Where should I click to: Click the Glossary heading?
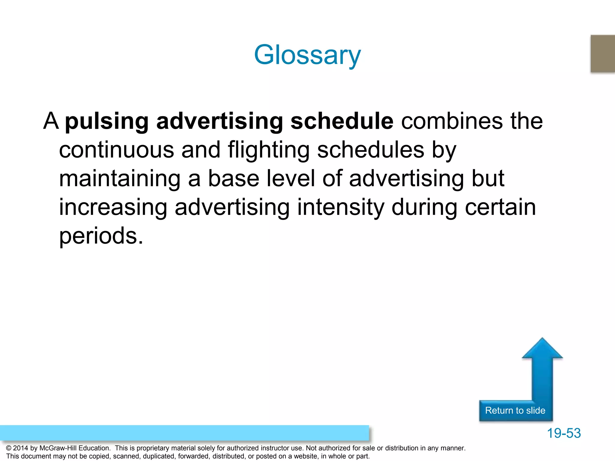(307, 55)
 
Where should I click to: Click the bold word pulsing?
(107, 122)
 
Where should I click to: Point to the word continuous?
(116, 150)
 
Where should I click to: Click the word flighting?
(268, 150)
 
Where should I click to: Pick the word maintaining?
(120, 179)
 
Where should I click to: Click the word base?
(233, 179)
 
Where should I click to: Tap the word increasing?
(113, 207)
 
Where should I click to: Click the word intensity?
(341, 207)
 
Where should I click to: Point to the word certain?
(500, 207)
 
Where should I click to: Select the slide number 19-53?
(564, 433)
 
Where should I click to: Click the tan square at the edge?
(603, 53)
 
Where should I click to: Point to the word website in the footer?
(303, 456)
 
